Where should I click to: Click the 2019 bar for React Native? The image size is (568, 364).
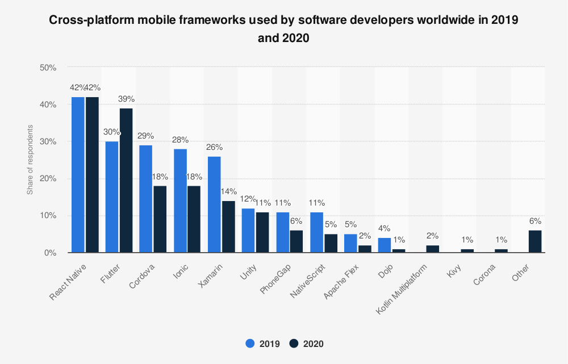click(78, 175)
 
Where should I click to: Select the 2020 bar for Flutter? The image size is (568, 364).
click(126, 181)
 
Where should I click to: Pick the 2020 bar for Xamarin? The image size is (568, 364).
click(228, 227)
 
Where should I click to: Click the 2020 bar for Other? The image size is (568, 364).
click(535, 241)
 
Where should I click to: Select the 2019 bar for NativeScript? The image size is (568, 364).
click(317, 232)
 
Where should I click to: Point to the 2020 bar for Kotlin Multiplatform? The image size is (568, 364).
click(433, 249)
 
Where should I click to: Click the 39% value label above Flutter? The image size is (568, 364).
click(126, 99)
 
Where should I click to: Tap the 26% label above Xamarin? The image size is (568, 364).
click(214, 147)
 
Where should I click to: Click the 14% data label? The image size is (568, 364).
click(229, 192)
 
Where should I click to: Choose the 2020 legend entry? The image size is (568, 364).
click(307, 344)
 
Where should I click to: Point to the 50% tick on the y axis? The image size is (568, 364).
click(48, 68)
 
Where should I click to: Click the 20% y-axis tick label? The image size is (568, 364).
click(48, 178)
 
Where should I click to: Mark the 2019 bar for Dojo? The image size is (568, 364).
click(385, 245)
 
